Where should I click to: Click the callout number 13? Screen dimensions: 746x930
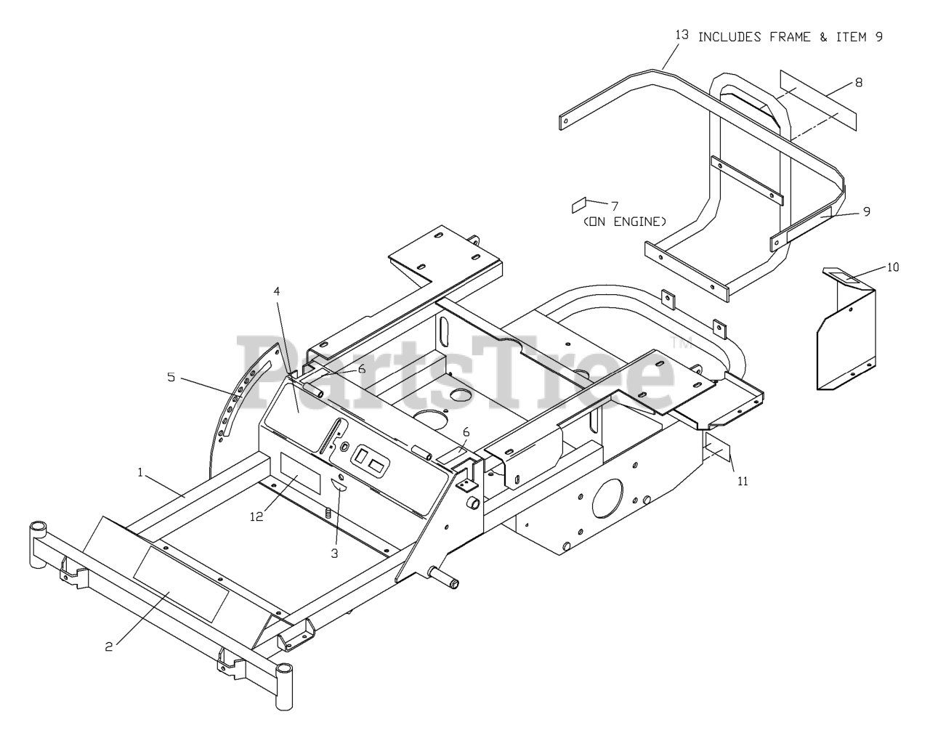click(x=681, y=35)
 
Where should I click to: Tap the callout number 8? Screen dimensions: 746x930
click(x=858, y=82)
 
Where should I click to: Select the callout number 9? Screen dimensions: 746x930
click(x=866, y=211)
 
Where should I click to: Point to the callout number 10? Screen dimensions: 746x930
click(x=893, y=267)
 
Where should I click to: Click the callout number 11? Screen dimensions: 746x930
click(x=741, y=480)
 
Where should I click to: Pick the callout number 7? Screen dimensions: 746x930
click(x=614, y=206)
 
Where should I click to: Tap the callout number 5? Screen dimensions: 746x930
click(x=171, y=377)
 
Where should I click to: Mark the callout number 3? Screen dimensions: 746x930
click(x=334, y=554)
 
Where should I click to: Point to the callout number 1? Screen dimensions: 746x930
click(x=140, y=472)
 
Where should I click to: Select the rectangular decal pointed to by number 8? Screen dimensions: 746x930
click(x=818, y=100)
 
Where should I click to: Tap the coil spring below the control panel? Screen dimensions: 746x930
click(x=328, y=513)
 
